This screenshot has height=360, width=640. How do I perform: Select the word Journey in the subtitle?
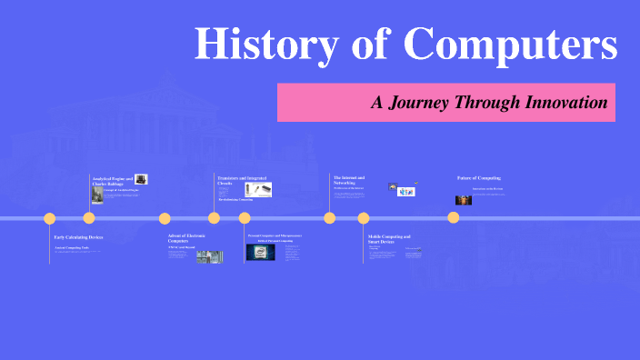[421, 103]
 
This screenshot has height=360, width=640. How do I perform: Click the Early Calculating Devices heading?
[78, 236]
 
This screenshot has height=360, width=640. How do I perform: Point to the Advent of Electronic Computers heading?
[186, 238]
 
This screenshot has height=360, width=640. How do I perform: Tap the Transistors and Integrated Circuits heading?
[239, 180]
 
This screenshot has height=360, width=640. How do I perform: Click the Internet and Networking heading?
[349, 180]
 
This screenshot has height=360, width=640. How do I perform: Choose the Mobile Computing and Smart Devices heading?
[389, 239]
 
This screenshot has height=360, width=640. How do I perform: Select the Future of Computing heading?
[479, 177]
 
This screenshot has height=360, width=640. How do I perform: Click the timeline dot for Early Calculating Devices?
[50, 218]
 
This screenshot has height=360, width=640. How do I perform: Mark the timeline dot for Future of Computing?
[453, 217]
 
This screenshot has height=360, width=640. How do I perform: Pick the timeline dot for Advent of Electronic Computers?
[165, 218]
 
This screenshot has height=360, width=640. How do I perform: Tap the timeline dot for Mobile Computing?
[364, 218]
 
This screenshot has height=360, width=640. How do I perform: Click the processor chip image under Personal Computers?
[260, 252]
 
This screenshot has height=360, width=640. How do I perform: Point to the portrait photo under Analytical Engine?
[97, 195]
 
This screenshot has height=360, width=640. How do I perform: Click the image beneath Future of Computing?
[464, 199]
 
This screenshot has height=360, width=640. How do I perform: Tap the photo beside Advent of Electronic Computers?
[209, 256]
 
